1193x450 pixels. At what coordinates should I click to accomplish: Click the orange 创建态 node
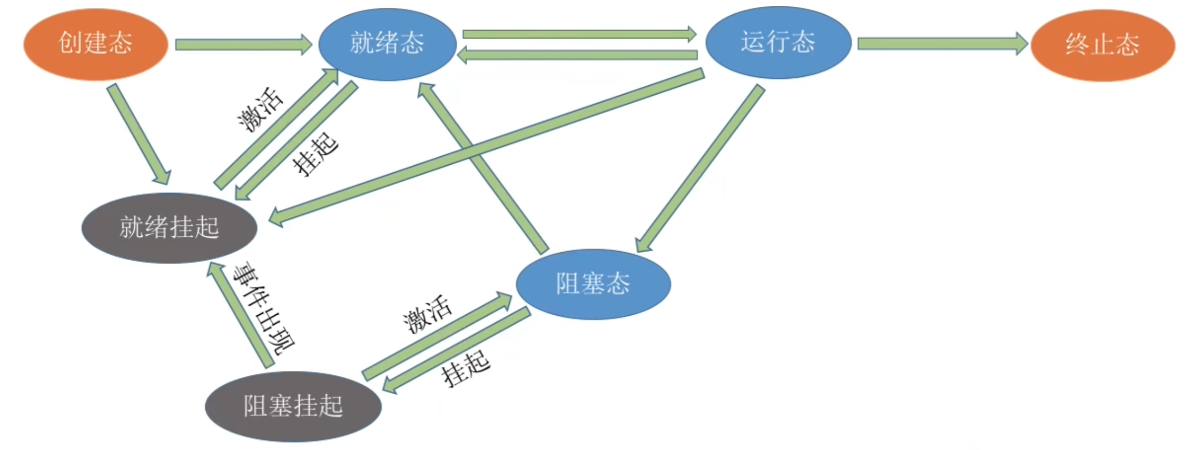(95, 44)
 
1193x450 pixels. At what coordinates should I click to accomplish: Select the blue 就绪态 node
(387, 44)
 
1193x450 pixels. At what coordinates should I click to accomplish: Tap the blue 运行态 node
(778, 43)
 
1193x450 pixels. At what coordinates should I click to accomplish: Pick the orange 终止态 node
(1102, 45)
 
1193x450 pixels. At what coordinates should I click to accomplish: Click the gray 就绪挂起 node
(169, 228)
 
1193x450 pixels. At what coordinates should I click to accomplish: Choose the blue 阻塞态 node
(593, 284)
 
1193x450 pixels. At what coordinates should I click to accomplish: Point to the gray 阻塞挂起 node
(293, 406)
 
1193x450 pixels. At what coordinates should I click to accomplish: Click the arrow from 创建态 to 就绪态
(242, 45)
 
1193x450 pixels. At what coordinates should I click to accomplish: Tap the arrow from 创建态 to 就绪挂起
(139, 134)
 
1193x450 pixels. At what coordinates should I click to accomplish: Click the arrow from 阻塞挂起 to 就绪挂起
(240, 316)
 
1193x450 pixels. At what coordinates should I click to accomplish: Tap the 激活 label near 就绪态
(260, 109)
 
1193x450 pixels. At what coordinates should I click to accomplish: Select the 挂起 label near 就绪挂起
(315, 153)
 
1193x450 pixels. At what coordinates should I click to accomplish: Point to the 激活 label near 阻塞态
(427, 314)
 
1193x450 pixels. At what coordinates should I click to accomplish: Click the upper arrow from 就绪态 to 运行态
(579, 35)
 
